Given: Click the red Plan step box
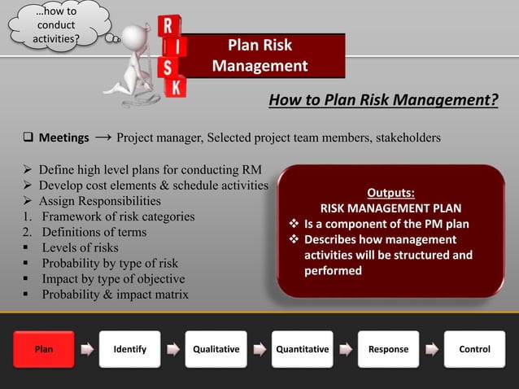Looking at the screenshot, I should coord(43,349).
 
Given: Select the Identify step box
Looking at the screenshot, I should coord(130,349).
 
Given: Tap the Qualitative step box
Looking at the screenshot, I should coord(216,349).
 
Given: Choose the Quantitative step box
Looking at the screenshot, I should coord(303,349).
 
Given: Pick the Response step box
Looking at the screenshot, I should coord(388,349).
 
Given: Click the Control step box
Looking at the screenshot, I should coord(475,349).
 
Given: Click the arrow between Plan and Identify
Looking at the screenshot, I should coord(86,350).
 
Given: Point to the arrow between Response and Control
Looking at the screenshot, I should coord(432,350).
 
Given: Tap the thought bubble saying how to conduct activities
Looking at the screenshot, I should coord(56,25).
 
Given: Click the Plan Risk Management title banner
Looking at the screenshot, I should coord(259,55).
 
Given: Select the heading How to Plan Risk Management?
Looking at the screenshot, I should coord(382,100).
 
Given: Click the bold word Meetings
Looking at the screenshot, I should coord(63,138).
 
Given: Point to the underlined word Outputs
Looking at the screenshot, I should coord(390,193).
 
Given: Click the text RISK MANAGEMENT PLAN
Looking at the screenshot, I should coord(390,208).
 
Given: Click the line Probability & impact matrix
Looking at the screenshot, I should coord(115,294).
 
